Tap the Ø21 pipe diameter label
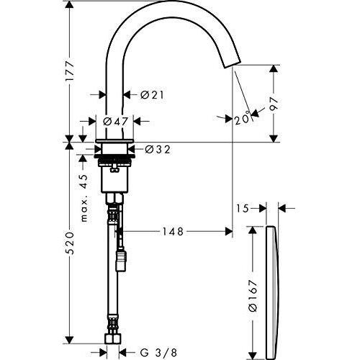(150, 94)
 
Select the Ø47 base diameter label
(115, 122)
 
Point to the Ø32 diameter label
(157, 150)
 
